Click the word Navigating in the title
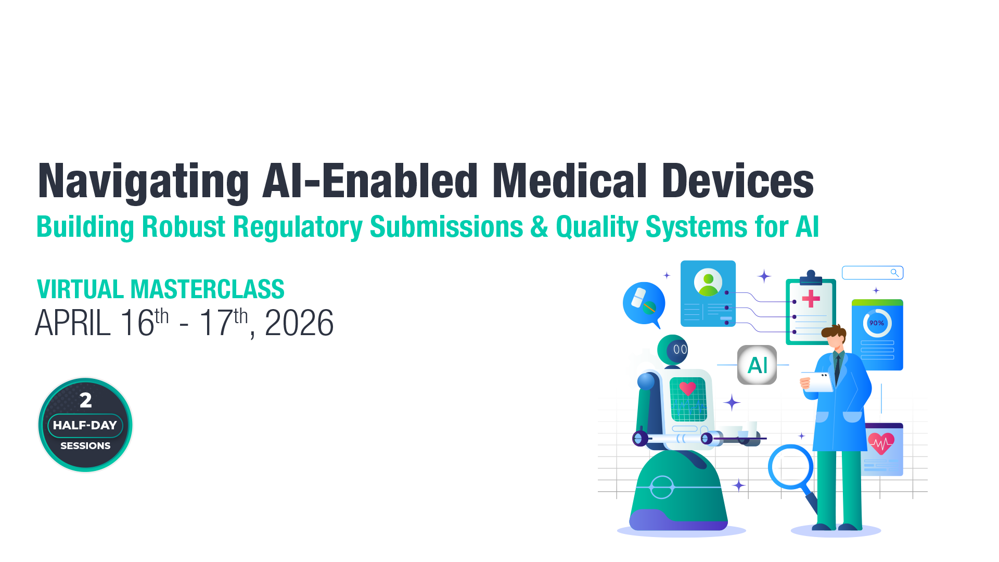point(143,182)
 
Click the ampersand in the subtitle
point(539,227)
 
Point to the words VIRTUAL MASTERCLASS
point(160,289)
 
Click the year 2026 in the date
point(299,323)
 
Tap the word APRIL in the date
point(73,323)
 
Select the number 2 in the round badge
point(86,400)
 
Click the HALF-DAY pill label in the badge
point(85,425)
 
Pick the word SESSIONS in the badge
point(85,446)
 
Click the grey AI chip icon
point(757,365)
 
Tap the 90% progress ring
point(877,323)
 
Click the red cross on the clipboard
point(811,299)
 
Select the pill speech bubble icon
point(644,303)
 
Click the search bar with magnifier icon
point(873,273)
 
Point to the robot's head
point(673,350)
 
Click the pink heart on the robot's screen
point(687,388)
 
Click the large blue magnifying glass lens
point(790,467)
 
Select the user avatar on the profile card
point(708,283)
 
